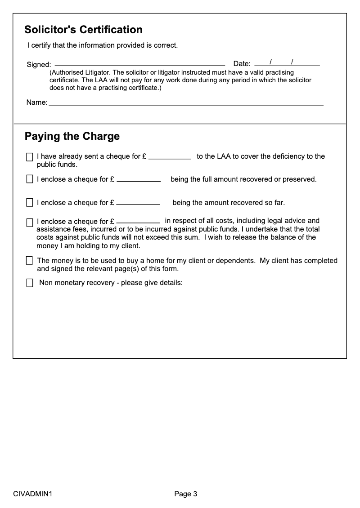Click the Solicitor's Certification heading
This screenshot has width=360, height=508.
(83, 30)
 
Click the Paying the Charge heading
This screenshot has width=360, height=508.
(72, 136)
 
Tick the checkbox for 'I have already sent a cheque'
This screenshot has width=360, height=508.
(30, 157)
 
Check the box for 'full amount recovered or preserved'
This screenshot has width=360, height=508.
(30, 179)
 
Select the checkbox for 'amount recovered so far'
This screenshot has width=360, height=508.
(30, 203)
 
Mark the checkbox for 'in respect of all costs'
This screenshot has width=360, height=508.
(30, 222)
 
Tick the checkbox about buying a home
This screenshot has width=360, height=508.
(30, 261)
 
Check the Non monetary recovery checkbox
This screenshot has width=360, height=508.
(30, 283)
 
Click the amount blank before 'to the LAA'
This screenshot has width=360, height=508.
(170, 158)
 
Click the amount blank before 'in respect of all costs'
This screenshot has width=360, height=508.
(138, 222)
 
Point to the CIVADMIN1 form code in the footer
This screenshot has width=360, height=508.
(33, 494)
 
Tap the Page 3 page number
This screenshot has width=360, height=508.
(186, 494)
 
